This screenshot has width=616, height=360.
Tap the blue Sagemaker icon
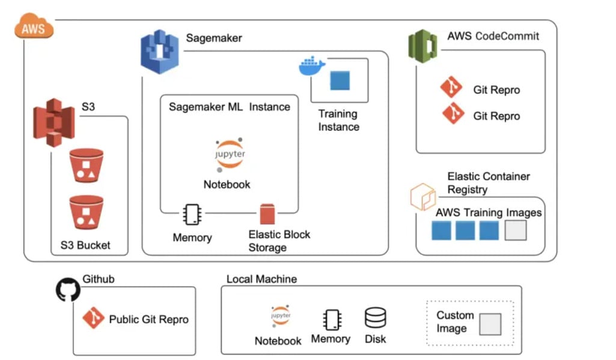click(x=160, y=52)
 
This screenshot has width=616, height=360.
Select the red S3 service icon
click(x=54, y=123)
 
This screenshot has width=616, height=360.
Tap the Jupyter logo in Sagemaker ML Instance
click(x=229, y=155)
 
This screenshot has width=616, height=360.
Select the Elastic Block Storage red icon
click(x=267, y=215)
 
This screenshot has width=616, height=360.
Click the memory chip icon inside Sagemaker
click(x=192, y=215)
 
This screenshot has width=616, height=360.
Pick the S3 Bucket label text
click(x=85, y=245)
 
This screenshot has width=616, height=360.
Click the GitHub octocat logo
click(x=68, y=290)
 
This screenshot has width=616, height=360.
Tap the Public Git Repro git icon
click(x=93, y=318)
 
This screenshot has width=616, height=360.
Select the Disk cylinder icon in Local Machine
click(x=376, y=318)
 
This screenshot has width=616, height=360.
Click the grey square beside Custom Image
click(x=490, y=324)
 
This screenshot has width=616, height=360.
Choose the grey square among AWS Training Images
click(x=515, y=230)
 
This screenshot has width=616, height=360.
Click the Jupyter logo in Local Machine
click(x=280, y=316)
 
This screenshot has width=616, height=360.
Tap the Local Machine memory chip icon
click(x=331, y=320)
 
